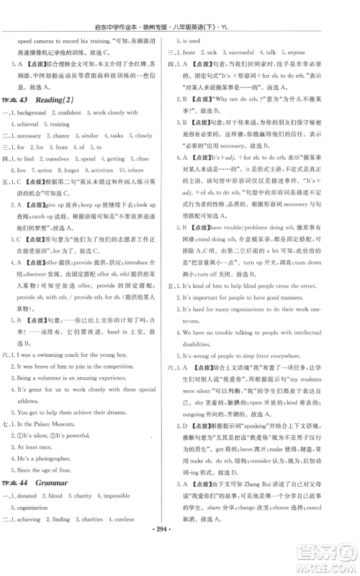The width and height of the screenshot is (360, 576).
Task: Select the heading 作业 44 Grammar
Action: point(48,503)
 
